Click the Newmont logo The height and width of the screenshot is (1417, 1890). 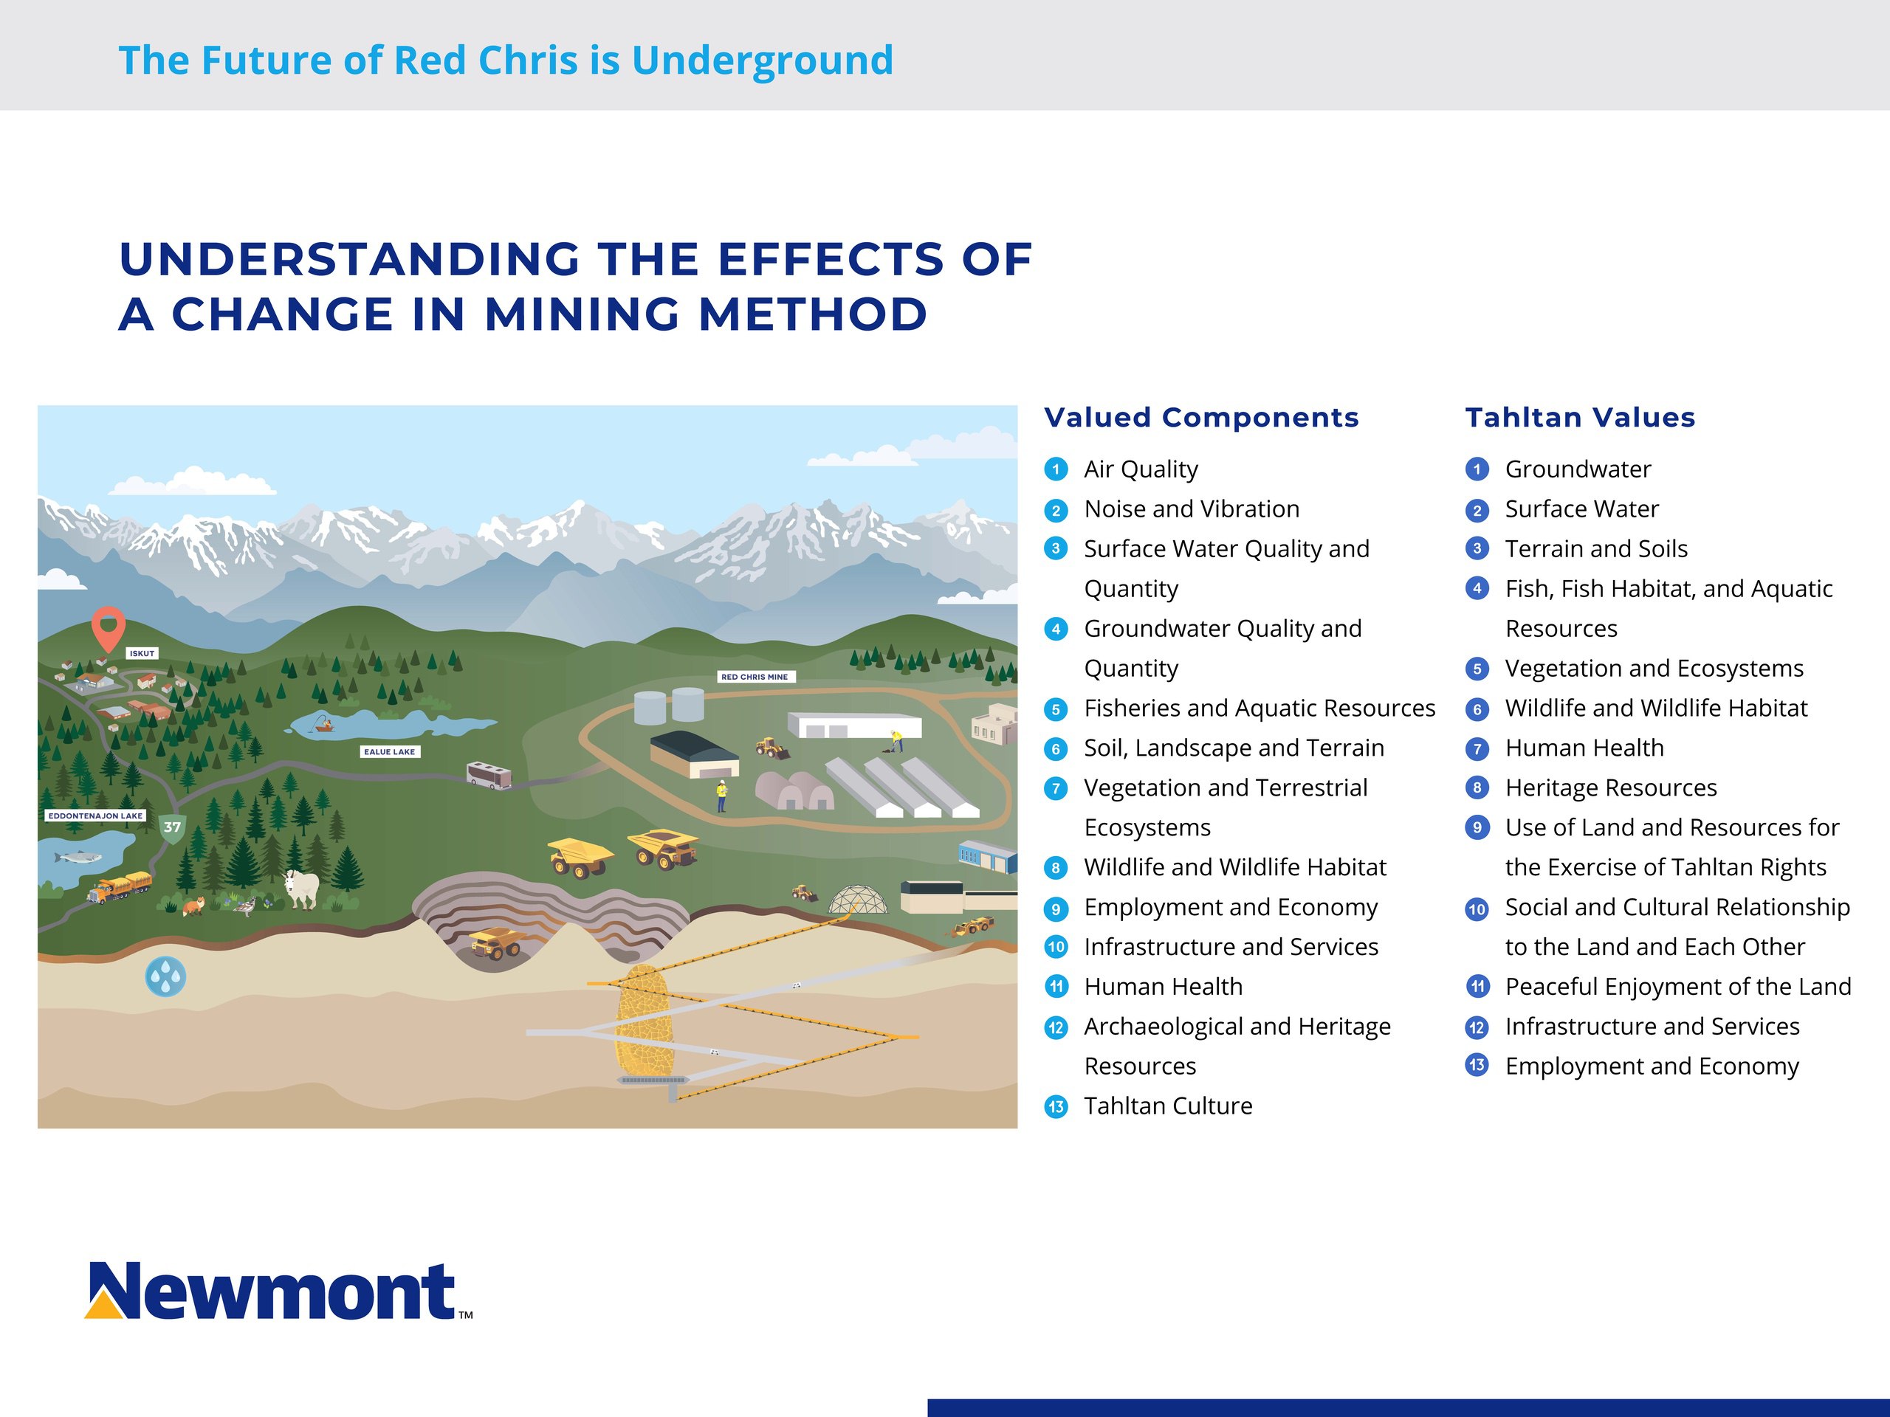[x=278, y=1291]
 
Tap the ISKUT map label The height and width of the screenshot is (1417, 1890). [x=142, y=653]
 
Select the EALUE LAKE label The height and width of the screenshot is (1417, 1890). [x=390, y=751]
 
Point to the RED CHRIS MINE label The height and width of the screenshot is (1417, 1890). [x=755, y=677]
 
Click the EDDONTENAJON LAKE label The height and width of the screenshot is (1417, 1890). [x=96, y=816]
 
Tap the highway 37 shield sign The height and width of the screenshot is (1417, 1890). [x=173, y=827]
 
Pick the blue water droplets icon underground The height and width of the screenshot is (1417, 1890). [x=166, y=976]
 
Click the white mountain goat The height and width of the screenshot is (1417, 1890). [x=300, y=889]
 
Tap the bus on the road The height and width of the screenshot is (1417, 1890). [x=489, y=776]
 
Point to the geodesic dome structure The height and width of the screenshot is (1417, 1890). [x=859, y=899]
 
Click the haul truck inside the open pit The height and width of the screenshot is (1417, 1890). [x=496, y=944]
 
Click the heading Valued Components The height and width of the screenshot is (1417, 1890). [x=1201, y=418]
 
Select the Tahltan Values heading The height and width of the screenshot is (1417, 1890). [x=1580, y=418]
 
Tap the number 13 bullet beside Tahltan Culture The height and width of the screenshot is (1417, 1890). [x=1056, y=1107]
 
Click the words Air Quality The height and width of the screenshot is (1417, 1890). [x=1141, y=469]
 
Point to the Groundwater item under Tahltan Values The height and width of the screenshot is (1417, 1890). [x=1578, y=469]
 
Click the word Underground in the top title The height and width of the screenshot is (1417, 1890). [x=762, y=61]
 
